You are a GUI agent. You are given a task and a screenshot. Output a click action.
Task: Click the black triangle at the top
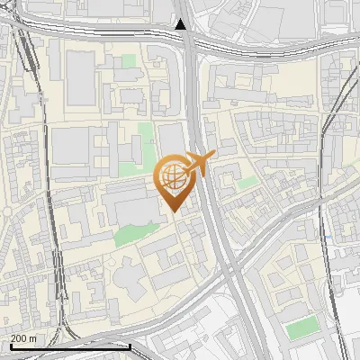tap(182, 24)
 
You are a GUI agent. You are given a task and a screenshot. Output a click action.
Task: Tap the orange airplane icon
tap(199, 164)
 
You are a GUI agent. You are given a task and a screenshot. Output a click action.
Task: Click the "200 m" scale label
tap(24, 338)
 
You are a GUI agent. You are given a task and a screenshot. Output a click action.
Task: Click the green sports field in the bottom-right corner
tap(303, 328)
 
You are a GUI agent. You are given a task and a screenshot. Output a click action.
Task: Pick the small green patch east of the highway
tap(248, 183)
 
